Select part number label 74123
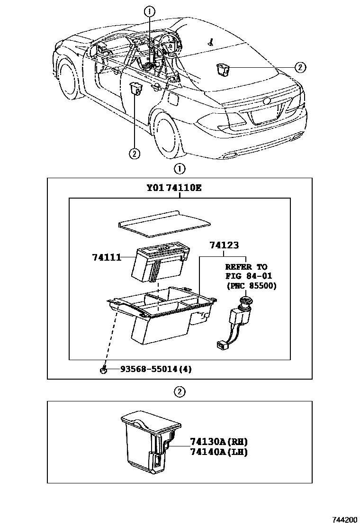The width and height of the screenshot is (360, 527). pos(224,245)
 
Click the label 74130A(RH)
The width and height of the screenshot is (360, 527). pos(212,442)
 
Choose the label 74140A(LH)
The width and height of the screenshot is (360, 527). pos(212,452)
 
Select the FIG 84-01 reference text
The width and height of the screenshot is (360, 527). pos(248,276)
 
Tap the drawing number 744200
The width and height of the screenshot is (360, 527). pos(344,519)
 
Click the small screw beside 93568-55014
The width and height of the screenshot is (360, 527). pos(103,370)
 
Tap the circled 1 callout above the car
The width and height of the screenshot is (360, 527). pos(150,11)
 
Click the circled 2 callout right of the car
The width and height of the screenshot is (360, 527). pos(300,67)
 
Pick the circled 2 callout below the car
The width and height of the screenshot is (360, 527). pos(134,153)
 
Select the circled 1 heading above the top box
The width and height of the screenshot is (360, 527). pos(180,168)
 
